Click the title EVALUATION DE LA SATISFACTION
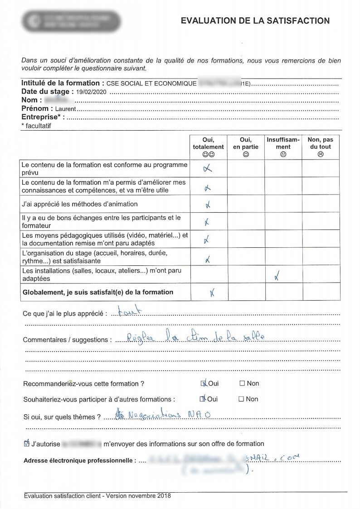[x=255, y=21]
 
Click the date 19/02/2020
[x=92, y=92]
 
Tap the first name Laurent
[x=65, y=109]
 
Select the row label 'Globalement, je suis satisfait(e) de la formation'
[x=98, y=292]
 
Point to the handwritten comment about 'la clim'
[x=195, y=337]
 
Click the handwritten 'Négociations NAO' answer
[x=161, y=414]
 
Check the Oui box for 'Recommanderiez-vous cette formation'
[x=204, y=383]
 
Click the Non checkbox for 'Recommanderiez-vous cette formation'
[x=242, y=383]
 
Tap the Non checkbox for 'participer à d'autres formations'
[x=242, y=399]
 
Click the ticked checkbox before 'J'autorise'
[x=26, y=444]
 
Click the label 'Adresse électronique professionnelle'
[x=79, y=461]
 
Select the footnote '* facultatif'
[x=36, y=126]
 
